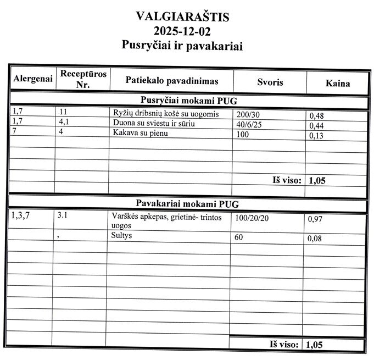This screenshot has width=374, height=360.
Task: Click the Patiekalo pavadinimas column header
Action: pos(172,81)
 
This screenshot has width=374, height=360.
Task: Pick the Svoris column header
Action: pos(270,82)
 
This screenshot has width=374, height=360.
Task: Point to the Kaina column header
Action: pos(337,84)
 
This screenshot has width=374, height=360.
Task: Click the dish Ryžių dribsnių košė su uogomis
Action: pos(166,114)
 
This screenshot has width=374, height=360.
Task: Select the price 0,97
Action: pos(315,219)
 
